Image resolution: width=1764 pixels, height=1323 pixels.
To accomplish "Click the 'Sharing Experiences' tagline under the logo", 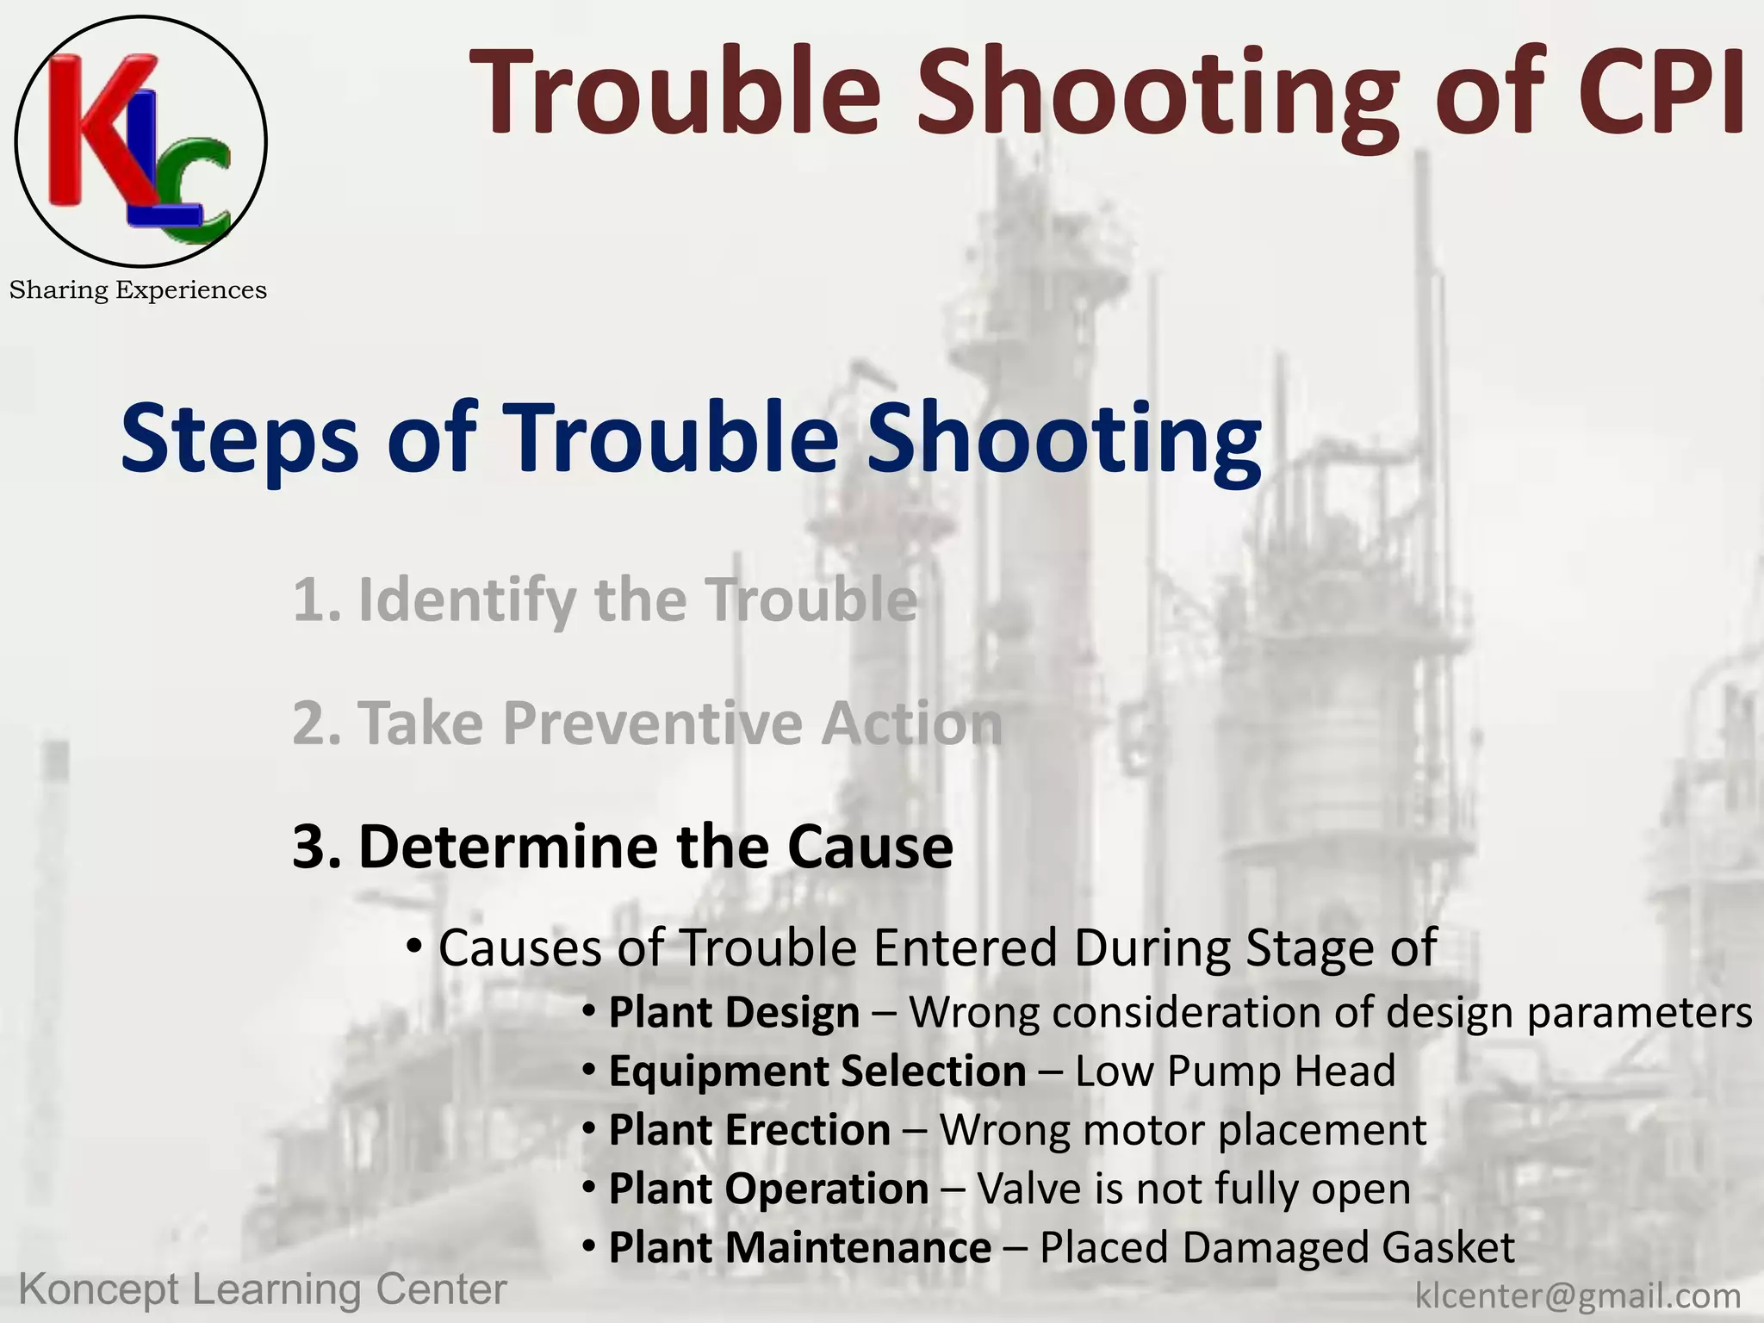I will tap(138, 290).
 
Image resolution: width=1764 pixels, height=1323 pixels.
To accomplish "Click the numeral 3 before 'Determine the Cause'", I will tap(310, 847).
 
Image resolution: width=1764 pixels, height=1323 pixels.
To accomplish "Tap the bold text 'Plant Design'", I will tap(734, 1012).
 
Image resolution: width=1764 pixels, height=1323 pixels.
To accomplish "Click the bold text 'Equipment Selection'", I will tap(817, 1071).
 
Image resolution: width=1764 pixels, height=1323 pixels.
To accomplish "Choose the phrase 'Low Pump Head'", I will tap(1234, 1071).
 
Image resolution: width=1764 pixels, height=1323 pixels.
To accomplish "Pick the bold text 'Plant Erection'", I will tap(749, 1130).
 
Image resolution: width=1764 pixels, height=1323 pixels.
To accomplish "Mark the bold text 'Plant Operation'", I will tap(768, 1189).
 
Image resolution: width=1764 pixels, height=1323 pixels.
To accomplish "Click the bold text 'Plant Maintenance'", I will tap(799, 1247).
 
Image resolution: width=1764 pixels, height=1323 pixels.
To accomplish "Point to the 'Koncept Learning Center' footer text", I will tap(263, 1290).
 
